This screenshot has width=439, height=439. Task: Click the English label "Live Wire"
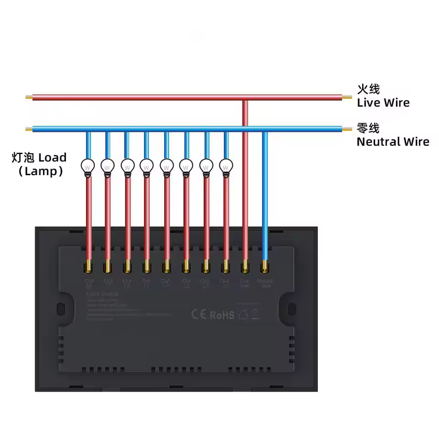pyautogui.click(x=383, y=103)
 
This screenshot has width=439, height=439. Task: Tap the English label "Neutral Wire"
pyautogui.click(x=393, y=142)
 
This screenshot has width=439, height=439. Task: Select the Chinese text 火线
pyautogui.click(x=369, y=88)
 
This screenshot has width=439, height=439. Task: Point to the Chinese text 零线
pyautogui.click(x=368, y=128)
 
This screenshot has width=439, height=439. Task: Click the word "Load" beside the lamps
pyautogui.click(x=52, y=158)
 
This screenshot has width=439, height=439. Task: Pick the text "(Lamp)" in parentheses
pyautogui.click(x=40, y=172)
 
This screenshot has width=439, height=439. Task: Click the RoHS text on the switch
pyautogui.click(x=222, y=315)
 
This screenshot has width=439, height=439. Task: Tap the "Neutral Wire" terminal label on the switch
pyautogui.click(x=265, y=283)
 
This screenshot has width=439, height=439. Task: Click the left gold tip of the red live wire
pyautogui.click(x=29, y=97)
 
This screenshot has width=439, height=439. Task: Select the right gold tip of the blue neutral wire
pyautogui.click(x=348, y=129)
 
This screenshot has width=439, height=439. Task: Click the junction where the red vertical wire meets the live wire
pyautogui.click(x=245, y=98)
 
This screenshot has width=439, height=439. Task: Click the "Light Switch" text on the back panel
pyautogui.click(x=102, y=295)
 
